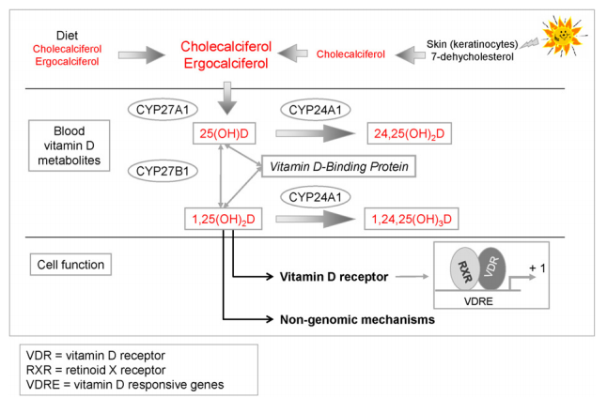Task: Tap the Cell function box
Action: pyautogui.click(x=68, y=264)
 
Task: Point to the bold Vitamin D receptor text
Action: pyautogui.click(x=335, y=277)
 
